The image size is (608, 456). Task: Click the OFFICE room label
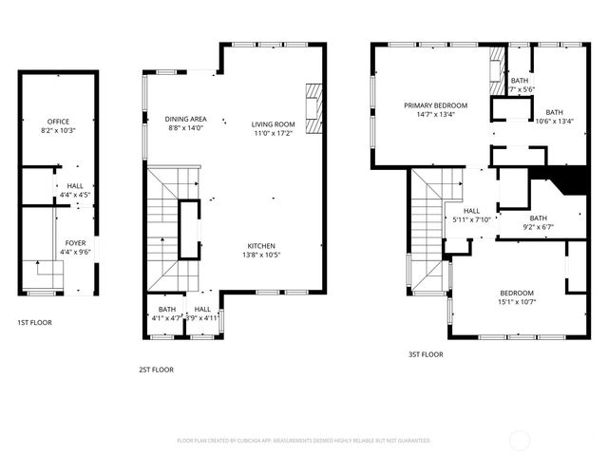[59, 122]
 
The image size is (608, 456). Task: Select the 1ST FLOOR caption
[34, 323]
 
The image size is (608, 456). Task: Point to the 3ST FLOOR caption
[427, 354]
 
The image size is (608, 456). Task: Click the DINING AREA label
[185, 119]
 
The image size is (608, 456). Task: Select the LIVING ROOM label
[274, 124]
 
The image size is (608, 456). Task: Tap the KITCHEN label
[262, 245]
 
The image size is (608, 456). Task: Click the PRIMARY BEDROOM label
[436, 105]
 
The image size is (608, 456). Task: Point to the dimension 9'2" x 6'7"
[539, 227]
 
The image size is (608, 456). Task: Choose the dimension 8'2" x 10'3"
[59, 130]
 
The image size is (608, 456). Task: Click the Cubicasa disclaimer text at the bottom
[304, 441]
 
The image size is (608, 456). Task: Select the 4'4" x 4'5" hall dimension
[75, 195]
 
